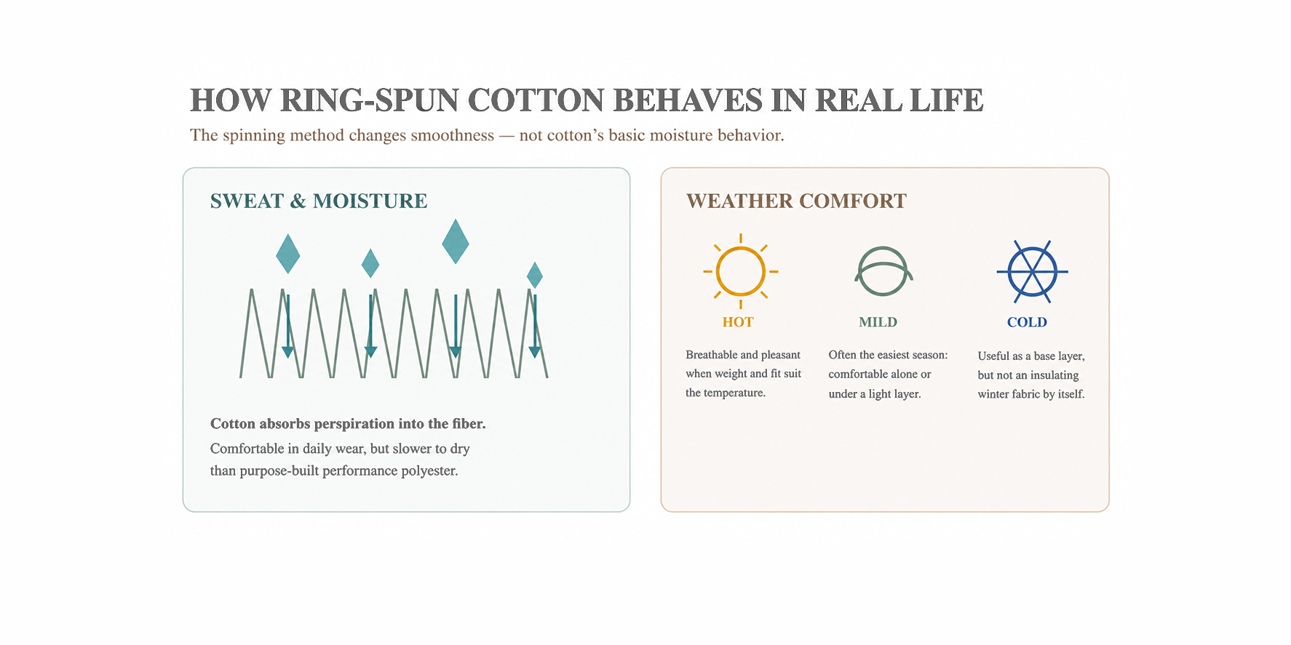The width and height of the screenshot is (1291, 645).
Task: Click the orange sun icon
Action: click(x=741, y=271)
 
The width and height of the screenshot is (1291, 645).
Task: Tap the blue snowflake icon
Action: click(x=1033, y=272)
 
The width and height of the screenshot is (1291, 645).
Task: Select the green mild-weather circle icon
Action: click(x=883, y=271)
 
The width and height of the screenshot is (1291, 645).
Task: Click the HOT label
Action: click(x=738, y=322)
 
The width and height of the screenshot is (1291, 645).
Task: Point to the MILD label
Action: click(x=878, y=322)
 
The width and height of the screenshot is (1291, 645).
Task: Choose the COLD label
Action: click(x=1027, y=322)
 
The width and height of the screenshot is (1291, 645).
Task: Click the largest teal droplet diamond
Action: click(x=456, y=241)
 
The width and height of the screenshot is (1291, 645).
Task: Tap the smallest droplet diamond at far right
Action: click(x=535, y=276)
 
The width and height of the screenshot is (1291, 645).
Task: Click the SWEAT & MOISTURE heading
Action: click(x=319, y=201)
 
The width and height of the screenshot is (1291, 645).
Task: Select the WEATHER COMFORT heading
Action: click(x=796, y=201)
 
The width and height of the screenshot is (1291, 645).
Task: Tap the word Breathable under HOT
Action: click(x=711, y=355)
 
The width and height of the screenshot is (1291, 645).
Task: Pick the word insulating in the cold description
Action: click(x=1054, y=375)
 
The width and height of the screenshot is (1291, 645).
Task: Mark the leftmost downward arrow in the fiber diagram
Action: click(x=288, y=326)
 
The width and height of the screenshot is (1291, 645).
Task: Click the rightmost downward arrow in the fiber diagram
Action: click(x=535, y=326)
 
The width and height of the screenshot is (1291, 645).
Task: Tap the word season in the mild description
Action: click(x=928, y=355)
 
